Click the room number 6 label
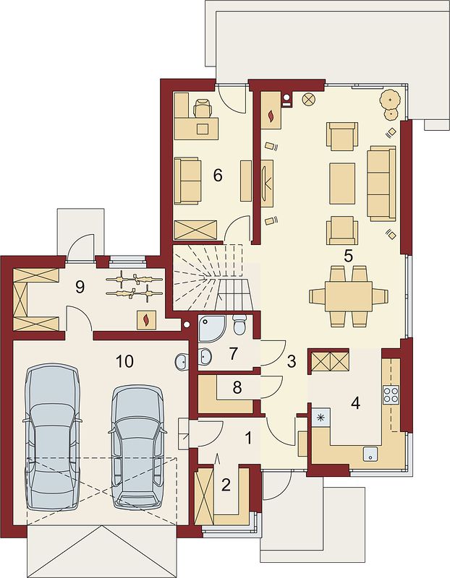(218, 176)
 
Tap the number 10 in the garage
(124, 362)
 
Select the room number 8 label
(237, 387)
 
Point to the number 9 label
(80, 286)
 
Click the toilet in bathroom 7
(239, 324)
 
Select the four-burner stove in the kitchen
(391, 394)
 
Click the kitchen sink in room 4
(370, 454)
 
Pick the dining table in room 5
(349, 296)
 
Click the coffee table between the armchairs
(342, 184)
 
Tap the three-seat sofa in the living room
(381, 184)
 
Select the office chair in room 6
(203, 108)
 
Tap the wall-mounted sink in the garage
(182, 362)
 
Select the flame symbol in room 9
(147, 319)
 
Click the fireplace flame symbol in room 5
(272, 116)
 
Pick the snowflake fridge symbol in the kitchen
(320, 418)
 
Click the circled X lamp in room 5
(308, 99)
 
